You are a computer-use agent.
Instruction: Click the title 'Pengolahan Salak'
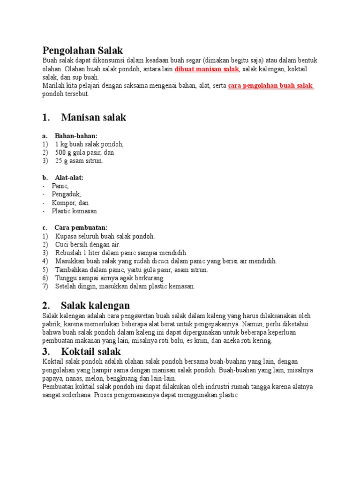82,50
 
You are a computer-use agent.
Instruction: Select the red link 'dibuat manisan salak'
207,69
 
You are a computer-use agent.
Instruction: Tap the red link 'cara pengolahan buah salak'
270,86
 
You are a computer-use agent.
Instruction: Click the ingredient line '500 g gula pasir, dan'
84,152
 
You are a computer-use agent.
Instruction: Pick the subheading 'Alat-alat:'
69,178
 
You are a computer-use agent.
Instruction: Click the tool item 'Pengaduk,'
67,195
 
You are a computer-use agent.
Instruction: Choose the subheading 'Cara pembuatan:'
81,228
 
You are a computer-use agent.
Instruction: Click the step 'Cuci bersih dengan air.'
88,245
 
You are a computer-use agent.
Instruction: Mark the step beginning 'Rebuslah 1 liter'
121,253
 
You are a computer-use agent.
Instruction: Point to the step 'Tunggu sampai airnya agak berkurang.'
110,278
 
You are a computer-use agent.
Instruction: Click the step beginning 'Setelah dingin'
124,286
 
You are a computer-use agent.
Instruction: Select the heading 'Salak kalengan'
95,306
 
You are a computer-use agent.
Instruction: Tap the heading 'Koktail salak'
90,352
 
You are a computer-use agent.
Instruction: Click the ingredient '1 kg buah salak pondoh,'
89,144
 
